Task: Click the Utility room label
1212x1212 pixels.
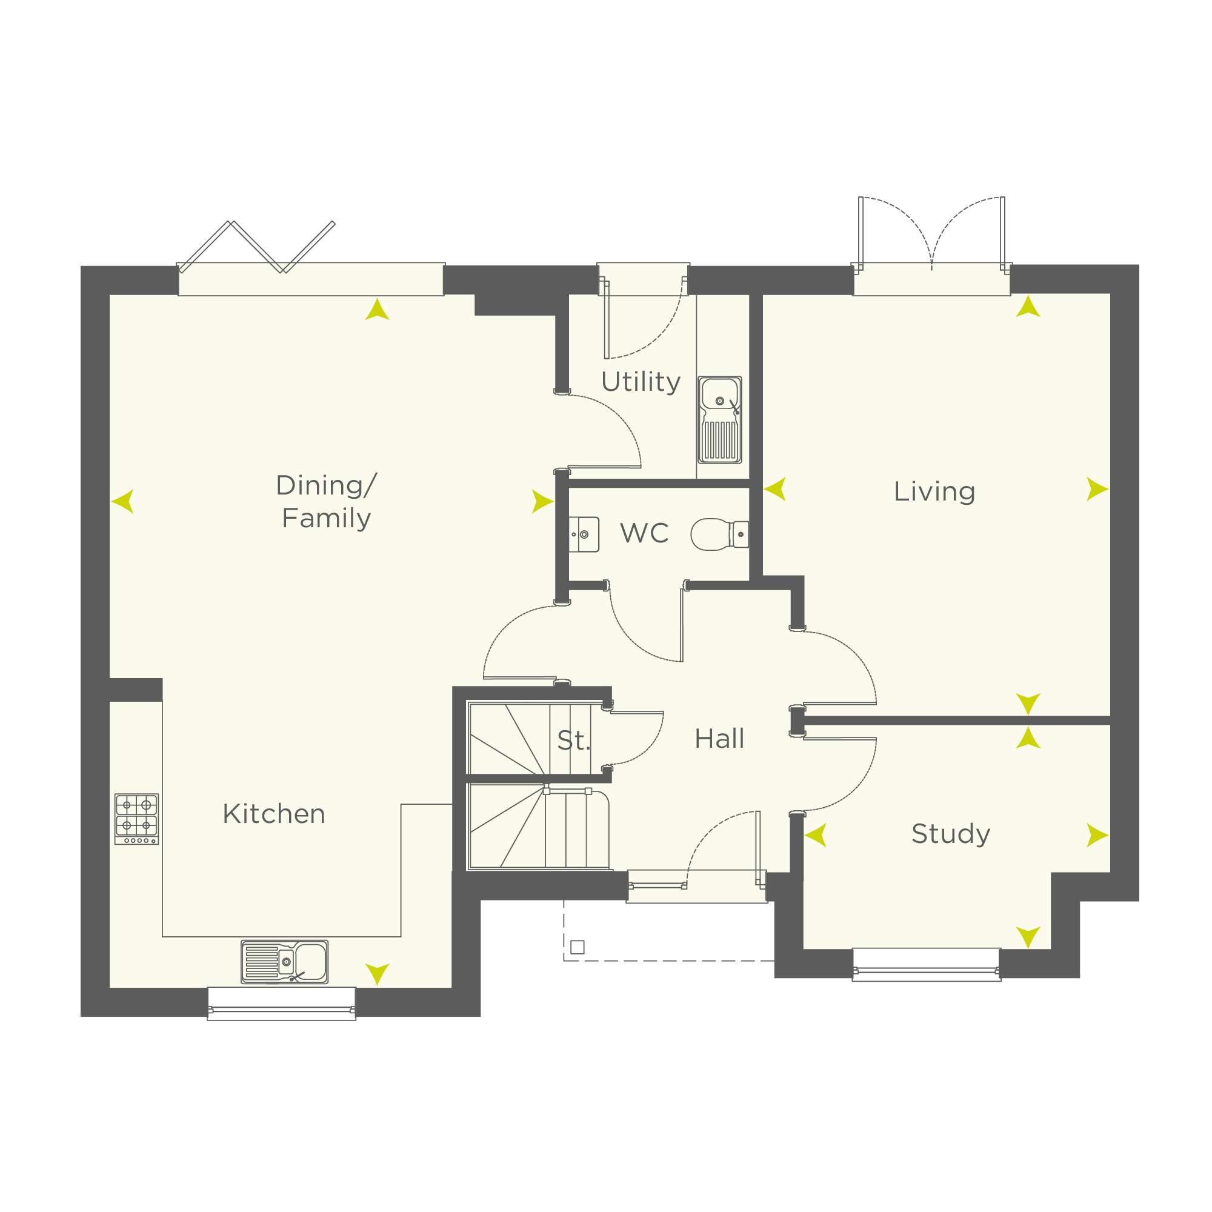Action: click(641, 382)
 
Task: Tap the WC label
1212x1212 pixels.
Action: click(644, 533)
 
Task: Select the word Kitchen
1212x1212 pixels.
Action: click(274, 814)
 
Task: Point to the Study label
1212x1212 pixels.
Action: click(951, 834)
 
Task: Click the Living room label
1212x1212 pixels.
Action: click(934, 491)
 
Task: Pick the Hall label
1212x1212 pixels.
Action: click(719, 739)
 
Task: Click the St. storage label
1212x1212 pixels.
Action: click(573, 741)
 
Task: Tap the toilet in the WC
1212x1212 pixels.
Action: click(719, 534)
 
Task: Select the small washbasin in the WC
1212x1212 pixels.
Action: click(584, 534)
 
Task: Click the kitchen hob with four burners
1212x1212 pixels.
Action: click(137, 819)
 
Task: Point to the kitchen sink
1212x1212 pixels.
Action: click(285, 961)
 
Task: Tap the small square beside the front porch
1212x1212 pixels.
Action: click(578, 947)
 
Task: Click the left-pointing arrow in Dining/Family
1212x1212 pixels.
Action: click(123, 501)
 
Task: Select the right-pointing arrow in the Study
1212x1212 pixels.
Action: click(1097, 835)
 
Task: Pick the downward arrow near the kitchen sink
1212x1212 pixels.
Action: click(378, 974)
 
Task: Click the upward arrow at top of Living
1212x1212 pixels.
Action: click(1028, 306)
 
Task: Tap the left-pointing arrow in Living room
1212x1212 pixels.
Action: click(776, 488)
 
